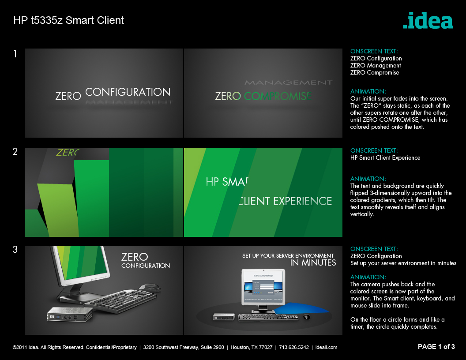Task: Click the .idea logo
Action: [x=428, y=21]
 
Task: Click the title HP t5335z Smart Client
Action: [x=68, y=20]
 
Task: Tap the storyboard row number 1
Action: [x=15, y=54]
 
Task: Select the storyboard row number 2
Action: [x=15, y=152]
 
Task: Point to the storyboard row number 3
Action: [x=15, y=250]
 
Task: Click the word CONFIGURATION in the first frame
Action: [x=128, y=92]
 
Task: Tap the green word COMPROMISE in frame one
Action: [x=278, y=96]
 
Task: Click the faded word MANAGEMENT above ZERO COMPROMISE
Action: [x=288, y=82]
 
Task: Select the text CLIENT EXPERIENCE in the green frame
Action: [x=285, y=201]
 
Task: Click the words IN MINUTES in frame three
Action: [x=313, y=263]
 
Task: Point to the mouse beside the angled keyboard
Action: [x=151, y=287]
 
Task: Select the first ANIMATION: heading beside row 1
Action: [x=368, y=91]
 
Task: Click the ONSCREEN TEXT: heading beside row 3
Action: [x=374, y=249]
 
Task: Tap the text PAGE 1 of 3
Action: [x=436, y=347]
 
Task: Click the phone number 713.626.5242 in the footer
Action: [x=294, y=347]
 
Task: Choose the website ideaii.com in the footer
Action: [x=327, y=347]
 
